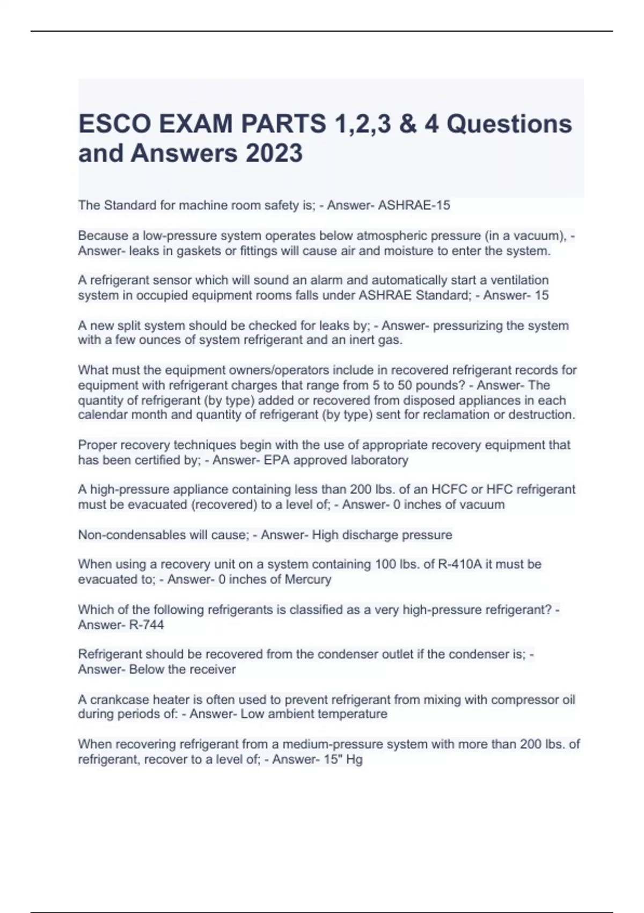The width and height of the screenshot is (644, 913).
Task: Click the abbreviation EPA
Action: pos(277,460)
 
